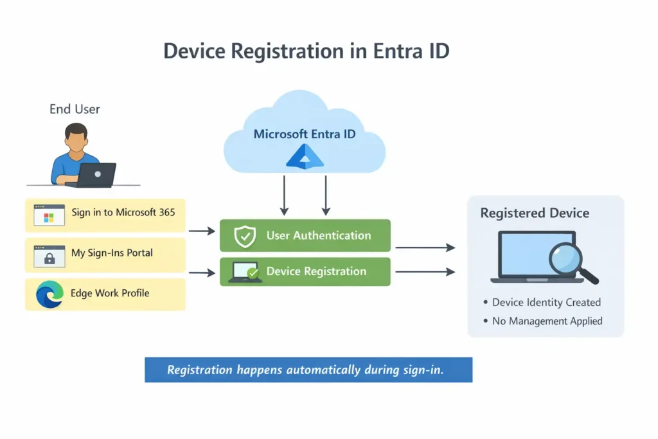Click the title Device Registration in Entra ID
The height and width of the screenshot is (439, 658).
[x=306, y=51]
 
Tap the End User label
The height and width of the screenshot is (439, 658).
[x=75, y=109]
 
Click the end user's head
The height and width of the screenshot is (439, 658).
[x=76, y=138]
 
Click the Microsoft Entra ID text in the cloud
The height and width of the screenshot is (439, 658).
[x=305, y=134]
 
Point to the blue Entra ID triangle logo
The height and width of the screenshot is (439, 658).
[x=305, y=157]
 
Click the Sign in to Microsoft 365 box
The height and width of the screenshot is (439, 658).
[x=105, y=215]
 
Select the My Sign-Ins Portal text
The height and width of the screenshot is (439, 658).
[x=112, y=253]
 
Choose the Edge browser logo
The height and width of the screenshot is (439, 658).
[x=49, y=294]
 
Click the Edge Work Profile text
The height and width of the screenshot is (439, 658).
[x=111, y=293]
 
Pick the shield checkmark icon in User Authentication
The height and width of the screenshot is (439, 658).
[x=245, y=236]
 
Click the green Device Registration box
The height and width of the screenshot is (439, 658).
[x=305, y=272]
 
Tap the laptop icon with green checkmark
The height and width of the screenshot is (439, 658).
[x=245, y=273]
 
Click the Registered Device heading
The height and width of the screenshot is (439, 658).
[x=535, y=213]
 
